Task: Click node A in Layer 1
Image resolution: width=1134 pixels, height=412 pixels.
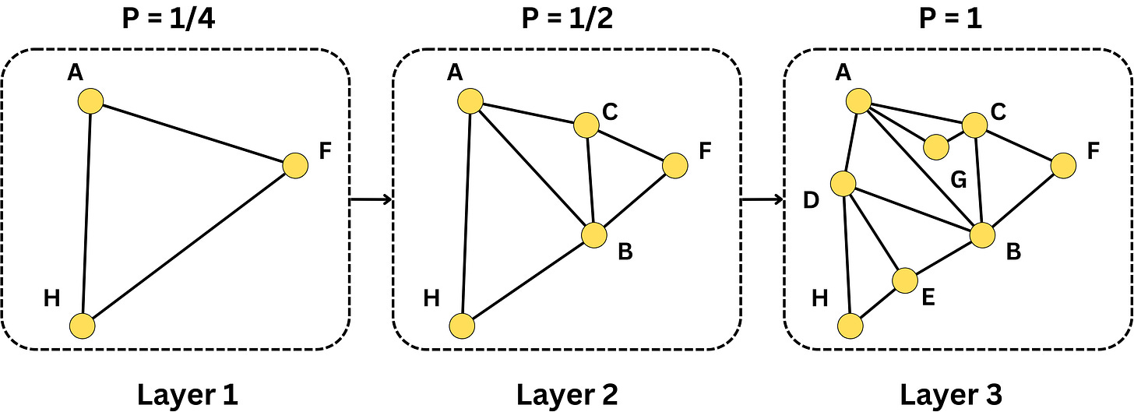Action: coord(90,100)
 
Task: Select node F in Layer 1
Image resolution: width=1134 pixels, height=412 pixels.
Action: coord(295,165)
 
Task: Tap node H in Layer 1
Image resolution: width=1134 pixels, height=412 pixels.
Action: coord(83,326)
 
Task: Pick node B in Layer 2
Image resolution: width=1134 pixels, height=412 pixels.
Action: coord(593,234)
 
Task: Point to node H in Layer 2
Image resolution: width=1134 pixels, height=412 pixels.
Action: coord(462,326)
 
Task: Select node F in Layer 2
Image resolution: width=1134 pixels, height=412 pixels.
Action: coord(674,165)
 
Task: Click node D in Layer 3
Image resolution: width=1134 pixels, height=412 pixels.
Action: coord(843,184)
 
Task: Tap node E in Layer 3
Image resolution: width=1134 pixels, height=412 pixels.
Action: coord(905,280)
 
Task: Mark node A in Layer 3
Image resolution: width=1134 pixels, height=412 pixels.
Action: coord(858,100)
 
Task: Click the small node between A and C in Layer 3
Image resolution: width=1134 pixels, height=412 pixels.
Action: coord(935,146)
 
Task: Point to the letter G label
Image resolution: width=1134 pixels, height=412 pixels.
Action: coord(959,181)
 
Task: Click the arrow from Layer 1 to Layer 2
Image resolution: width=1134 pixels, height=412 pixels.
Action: coord(371,200)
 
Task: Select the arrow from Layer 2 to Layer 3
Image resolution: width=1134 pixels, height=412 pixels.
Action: coord(761,200)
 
